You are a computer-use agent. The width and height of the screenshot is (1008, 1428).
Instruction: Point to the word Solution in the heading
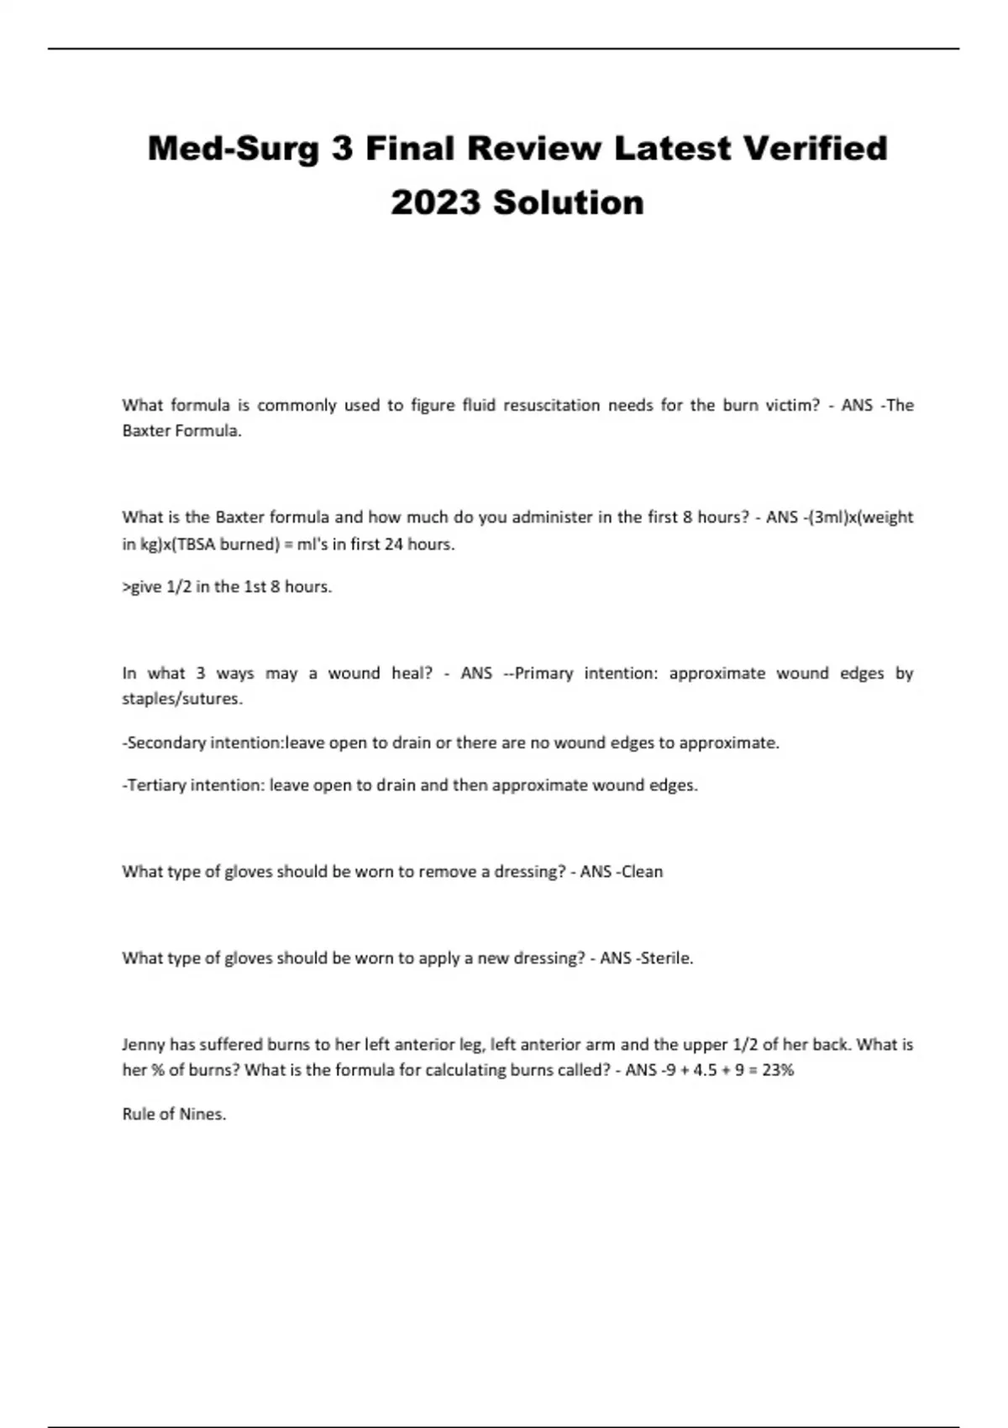(569, 202)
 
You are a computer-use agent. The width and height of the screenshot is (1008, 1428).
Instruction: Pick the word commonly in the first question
(297, 405)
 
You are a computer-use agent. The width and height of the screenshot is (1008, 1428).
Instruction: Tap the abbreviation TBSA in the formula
(195, 543)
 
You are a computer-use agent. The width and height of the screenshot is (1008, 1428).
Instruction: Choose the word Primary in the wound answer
(543, 673)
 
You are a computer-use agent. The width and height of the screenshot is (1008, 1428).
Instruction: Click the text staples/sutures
(182, 699)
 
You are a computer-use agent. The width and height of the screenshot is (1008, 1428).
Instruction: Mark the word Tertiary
(156, 785)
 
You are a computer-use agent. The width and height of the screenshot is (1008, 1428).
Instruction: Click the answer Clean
(642, 871)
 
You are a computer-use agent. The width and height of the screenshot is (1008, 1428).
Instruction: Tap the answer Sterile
(668, 958)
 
